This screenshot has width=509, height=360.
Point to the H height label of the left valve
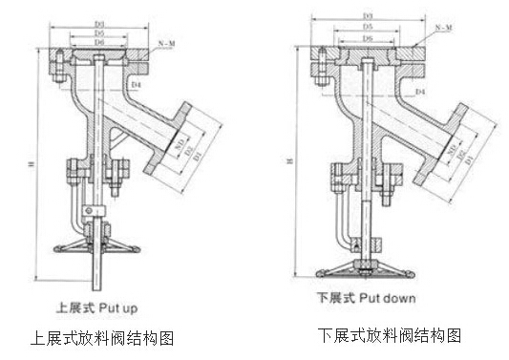pyautogui.click(x=33, y=163)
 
